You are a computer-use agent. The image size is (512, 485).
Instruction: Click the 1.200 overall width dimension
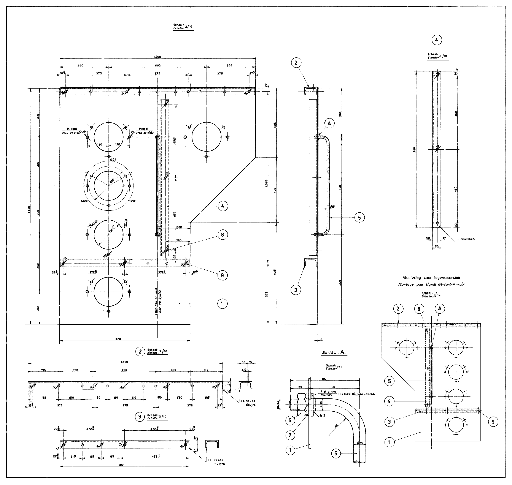157,57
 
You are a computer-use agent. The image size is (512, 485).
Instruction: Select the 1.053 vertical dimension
267,183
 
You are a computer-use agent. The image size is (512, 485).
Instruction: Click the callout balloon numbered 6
290,420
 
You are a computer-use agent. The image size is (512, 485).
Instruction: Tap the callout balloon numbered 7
290,435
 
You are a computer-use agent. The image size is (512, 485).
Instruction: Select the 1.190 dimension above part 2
124,362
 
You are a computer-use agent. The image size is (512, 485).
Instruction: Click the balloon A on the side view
329,124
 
